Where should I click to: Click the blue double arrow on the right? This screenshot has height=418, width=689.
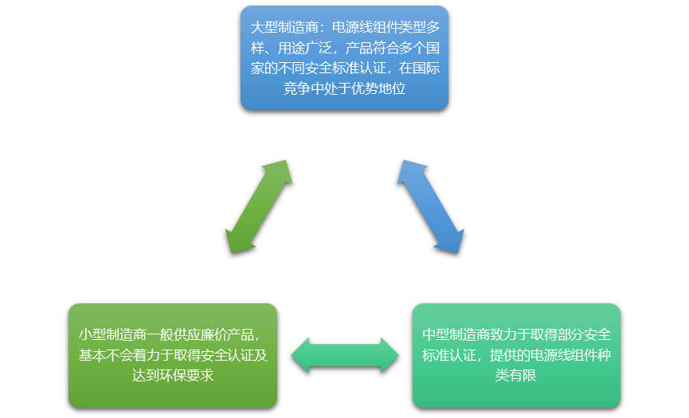(431, 206)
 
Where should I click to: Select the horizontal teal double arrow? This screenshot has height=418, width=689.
(345, 355)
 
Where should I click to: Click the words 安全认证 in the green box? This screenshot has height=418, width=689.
(226, 355)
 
